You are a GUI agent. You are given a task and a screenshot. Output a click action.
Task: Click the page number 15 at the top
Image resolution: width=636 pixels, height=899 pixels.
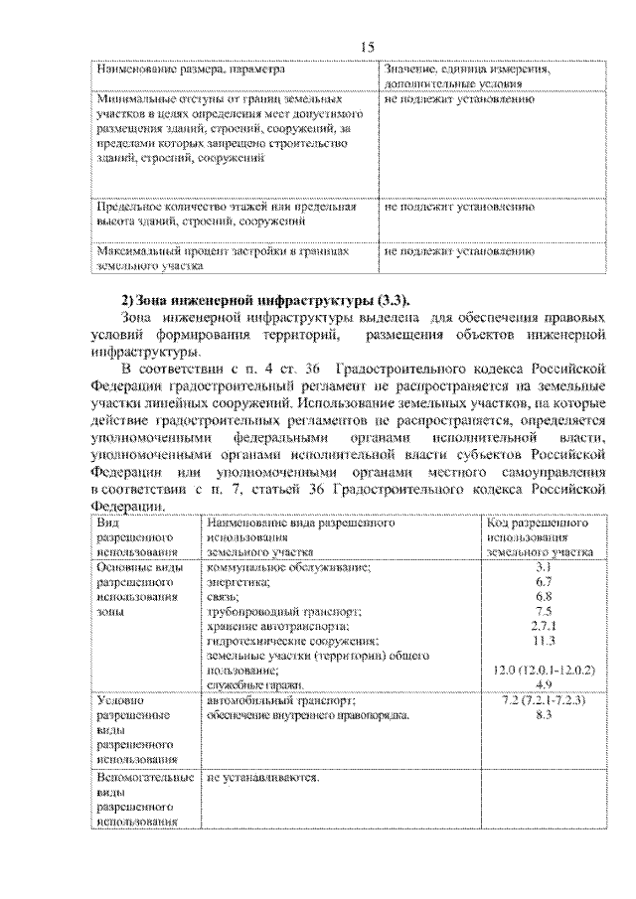point(367,48)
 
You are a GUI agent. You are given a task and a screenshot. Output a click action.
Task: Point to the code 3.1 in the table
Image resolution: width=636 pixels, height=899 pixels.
point(543,566)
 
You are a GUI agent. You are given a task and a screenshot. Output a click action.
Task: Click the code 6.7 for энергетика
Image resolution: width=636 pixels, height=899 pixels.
point(543,581)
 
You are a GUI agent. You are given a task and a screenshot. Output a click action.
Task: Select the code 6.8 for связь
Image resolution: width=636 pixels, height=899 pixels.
point(543,596)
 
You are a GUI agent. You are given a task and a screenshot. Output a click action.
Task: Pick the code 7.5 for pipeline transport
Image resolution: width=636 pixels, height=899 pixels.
point(543,611)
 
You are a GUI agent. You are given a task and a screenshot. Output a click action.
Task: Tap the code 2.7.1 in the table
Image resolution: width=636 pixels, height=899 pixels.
point(543,626)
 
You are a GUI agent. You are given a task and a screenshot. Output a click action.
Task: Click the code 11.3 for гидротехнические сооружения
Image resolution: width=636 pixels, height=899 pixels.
point(543,641)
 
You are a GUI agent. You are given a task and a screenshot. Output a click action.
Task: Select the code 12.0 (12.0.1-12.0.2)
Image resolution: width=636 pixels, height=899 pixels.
point(543,671)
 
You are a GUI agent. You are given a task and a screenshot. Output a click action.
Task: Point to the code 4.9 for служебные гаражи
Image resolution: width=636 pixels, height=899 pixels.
point(543,685)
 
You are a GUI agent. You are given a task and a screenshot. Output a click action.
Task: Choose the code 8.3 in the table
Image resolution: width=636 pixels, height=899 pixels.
point(543,715)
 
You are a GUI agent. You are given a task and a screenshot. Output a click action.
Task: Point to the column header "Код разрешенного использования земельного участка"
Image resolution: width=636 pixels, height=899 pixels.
point(543,535)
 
